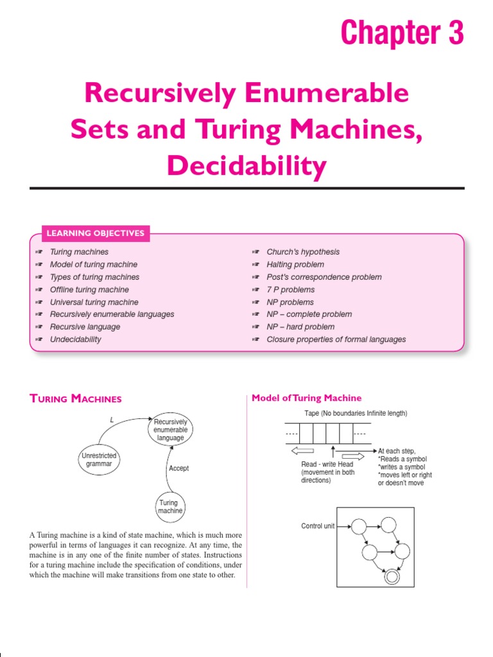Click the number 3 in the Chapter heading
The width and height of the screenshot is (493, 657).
[454, 32]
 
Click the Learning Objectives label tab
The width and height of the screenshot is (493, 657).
[96, 233]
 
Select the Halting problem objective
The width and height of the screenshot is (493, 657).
[295, 264]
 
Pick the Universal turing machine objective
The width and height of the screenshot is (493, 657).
[94, 302]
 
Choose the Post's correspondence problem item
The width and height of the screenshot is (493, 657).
[324, 277]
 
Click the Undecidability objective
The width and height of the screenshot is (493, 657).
[75, 339]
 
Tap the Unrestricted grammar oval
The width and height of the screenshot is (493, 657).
[99, 459]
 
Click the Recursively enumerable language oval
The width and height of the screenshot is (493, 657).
[170, 430]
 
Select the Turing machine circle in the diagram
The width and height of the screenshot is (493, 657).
[170, 507]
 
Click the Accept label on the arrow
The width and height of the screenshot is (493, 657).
[178, 468]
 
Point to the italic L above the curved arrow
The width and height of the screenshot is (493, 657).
[112, 419]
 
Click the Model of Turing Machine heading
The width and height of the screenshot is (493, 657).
[306, 398]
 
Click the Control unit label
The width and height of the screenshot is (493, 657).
[318, 526]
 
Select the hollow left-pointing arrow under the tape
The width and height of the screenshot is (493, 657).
[302, 450]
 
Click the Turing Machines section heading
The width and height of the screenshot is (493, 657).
[76, 399]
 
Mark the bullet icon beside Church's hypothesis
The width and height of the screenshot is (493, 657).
[255, 252]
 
